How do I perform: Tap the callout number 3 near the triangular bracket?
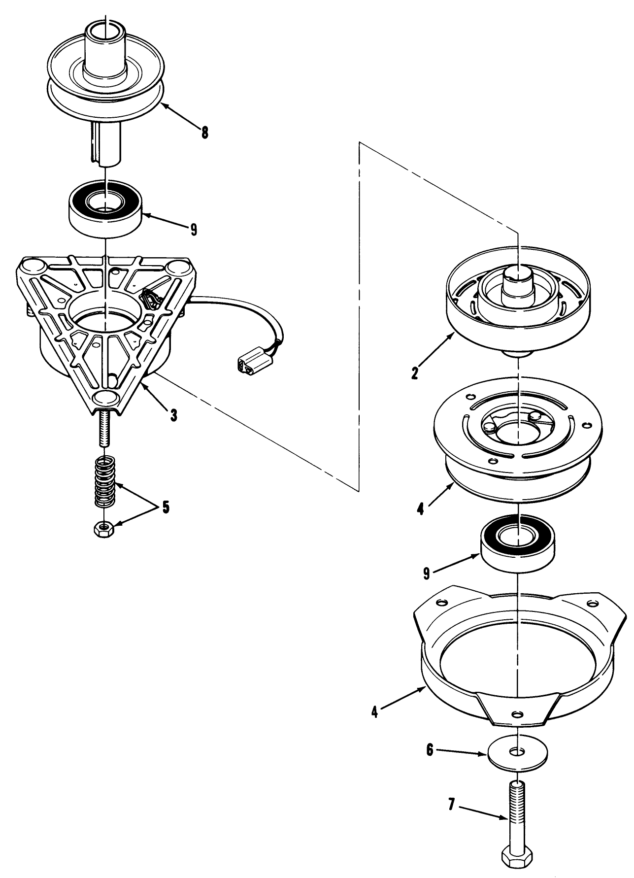[x=173, y=415]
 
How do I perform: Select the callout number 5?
[x=166, y=507]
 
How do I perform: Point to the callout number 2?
[x=415, y=373]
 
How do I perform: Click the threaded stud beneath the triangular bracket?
[x=104, y=429]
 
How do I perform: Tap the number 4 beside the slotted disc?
[x=420, y=509]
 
